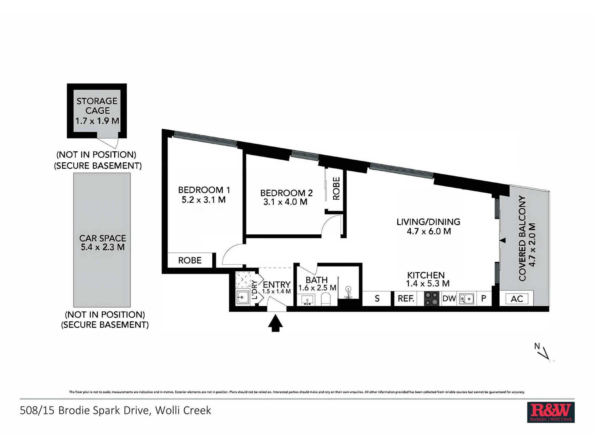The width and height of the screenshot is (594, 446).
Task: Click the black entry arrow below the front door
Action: click(275, 323)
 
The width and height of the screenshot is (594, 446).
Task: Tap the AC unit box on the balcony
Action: click(517, 299)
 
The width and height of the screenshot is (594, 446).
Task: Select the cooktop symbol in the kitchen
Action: click(432, 299)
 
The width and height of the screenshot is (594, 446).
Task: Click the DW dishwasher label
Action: click(449, 298)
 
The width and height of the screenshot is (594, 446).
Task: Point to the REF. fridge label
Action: click(406, 298)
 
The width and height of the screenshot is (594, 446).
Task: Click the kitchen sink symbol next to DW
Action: click(467, 299)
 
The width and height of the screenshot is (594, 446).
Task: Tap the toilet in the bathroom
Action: click(326, 299)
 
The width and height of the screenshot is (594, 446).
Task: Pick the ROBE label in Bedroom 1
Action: click(190, 260)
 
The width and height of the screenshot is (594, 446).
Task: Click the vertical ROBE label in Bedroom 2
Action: click(336, 189)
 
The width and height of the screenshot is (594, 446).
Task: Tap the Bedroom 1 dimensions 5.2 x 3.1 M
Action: click(204, 200)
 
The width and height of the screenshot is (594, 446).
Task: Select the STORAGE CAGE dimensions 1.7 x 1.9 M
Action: click(97, 121)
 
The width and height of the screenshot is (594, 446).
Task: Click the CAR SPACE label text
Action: click(103, 238)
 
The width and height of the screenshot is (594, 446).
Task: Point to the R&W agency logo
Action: click(551, 412)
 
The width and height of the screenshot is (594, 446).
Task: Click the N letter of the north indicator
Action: click(537, 346)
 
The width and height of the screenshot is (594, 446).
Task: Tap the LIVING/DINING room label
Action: click(428, 222)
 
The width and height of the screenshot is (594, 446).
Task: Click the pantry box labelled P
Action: click(484, 299)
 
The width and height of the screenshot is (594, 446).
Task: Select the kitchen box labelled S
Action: click(377, 299)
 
